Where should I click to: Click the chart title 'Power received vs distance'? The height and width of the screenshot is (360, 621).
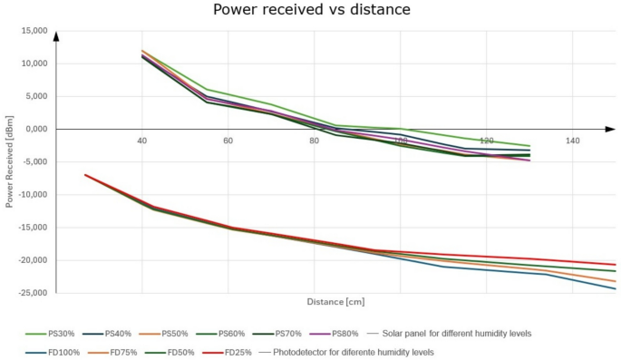pyautogui.click(x=312, y=11)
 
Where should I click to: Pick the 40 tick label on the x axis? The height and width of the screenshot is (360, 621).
pyautogui.click(x=141, y=141)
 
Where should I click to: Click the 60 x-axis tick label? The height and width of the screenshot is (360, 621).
pyautogui.click(x=228, y=141)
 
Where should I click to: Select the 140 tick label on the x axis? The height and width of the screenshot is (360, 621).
pyautogui.click(x=572, y=141)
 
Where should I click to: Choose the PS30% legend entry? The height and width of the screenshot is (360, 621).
pyautogui.click(x=46, y=334)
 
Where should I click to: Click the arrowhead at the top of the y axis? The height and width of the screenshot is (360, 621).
pyautogui.click(x=56, y=36)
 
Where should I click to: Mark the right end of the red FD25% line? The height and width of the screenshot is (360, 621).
pyautogui.click(x=615, y=265)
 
